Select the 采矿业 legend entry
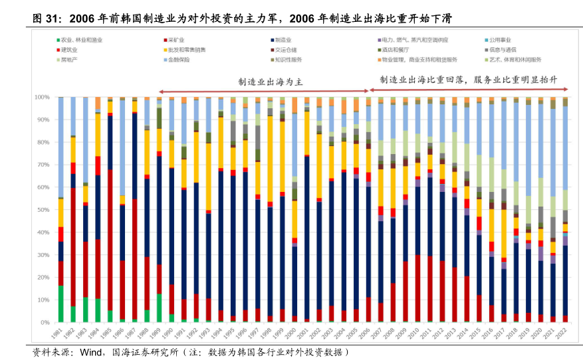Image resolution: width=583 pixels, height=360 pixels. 176,41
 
